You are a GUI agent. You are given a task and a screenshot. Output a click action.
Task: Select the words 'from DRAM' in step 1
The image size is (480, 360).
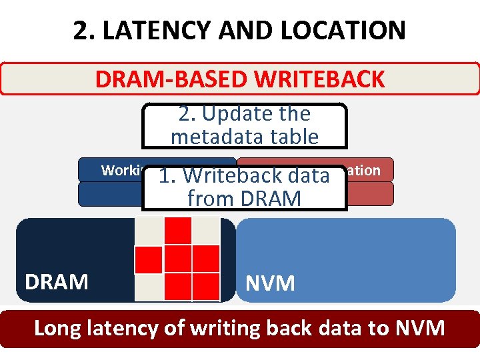coord(244,198)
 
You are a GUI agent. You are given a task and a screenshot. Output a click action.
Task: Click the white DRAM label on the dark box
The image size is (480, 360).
coord(57,281)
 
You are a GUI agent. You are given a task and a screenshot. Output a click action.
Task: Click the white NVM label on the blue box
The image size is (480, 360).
coord(270,283)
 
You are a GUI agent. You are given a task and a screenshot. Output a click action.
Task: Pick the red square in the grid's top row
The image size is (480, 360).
coord(178,231)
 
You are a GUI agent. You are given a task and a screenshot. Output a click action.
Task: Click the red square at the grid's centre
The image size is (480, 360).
coord(178,259)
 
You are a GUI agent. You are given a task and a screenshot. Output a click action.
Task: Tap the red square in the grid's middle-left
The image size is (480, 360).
coord(149,259)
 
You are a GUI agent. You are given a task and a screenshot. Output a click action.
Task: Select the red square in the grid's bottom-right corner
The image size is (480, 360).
coord(206,286)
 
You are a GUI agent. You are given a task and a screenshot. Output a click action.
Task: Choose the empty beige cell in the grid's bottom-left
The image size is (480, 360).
coord(149,286)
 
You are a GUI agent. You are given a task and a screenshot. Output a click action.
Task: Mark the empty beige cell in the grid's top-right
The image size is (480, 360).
coord(206,231)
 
